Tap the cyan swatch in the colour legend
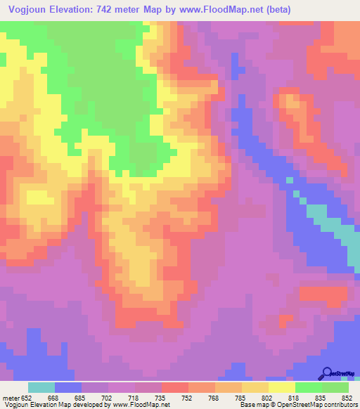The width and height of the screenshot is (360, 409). coord(41,387)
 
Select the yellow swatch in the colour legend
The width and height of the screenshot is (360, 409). coord(282,387)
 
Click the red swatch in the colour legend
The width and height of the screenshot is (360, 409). coord(175,387)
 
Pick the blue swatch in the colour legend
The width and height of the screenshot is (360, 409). coord(68,387)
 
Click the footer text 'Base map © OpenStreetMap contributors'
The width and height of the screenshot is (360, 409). coord(296,404)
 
